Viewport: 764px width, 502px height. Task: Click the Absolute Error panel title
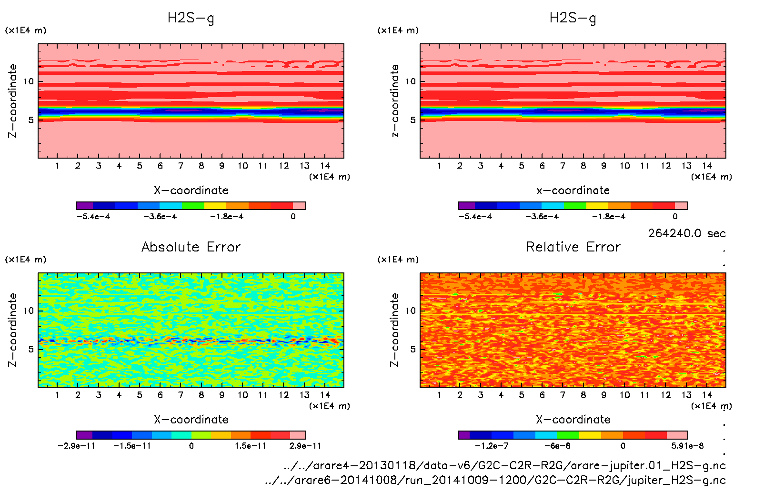pos(191,247)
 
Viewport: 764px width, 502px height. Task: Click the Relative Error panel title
pos(573,247)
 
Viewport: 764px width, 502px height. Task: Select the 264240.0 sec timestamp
pos(686,233)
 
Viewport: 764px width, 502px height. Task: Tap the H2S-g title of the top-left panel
pos(191,18)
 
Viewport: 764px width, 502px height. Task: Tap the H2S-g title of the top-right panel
pos(573,18)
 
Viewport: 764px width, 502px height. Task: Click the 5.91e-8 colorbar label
pos(687,446)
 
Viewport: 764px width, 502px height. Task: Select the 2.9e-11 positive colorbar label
pos(305,446)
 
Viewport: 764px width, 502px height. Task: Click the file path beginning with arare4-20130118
pos(504,465)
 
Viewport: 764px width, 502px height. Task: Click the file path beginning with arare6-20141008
pos(495,480)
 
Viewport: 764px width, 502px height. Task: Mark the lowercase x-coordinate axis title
pos(573,190)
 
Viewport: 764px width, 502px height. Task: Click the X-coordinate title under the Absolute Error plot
pos(191,419)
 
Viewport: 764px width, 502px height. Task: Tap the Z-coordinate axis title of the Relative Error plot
pos(394,330)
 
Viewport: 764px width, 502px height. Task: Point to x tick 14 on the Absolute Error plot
pos(325,395)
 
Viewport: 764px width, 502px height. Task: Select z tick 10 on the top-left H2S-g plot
pos(29,81)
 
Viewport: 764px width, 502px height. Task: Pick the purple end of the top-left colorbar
pos(84,206)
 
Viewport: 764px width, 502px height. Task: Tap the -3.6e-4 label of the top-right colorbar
pos(542,217)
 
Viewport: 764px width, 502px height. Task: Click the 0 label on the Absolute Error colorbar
pos(191,446)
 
